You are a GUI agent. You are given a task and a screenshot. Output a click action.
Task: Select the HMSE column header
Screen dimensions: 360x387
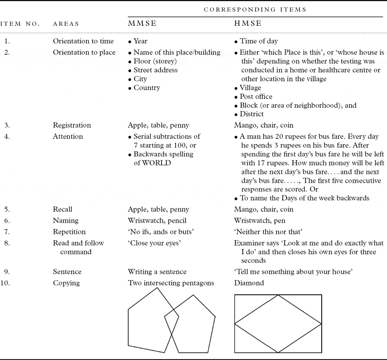(x=248, y=23)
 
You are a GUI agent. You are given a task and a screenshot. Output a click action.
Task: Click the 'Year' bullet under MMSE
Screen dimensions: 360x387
(x=140, y=41)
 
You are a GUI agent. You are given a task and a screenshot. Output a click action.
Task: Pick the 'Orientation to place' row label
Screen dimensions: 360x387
(x=84, y=53)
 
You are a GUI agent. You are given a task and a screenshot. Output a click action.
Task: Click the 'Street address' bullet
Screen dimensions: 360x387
(x=155, y=70)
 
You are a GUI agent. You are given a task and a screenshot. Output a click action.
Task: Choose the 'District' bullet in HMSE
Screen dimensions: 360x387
(x=252, y=114)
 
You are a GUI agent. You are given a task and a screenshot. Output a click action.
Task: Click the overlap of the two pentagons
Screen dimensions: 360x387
(x=171, y=318)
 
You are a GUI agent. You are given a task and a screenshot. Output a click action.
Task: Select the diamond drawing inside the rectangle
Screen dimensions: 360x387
(x=278, y=323)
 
